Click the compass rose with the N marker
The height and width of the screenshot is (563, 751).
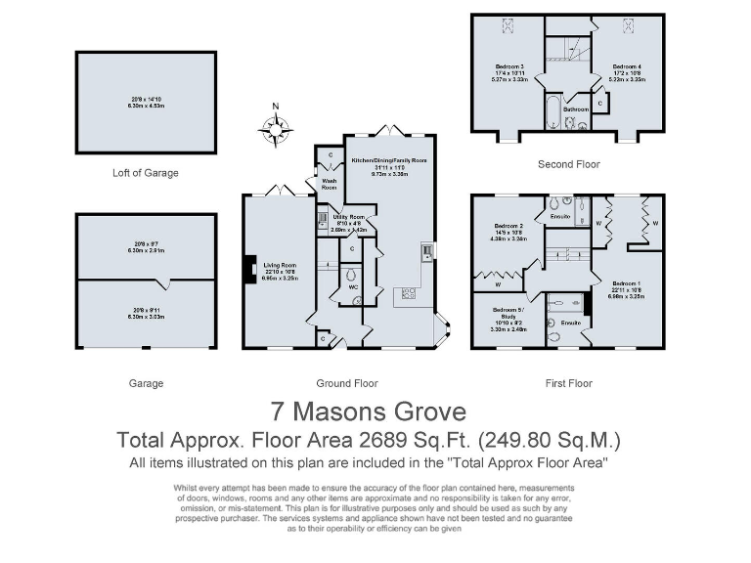(278, 125)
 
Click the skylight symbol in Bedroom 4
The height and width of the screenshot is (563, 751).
(627, 28)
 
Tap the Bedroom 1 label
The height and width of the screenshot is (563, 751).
(627, 281)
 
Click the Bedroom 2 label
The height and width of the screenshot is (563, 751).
(508, 227)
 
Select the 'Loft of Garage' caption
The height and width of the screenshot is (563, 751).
(145, 173)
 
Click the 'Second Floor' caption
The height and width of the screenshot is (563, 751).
(569, 164)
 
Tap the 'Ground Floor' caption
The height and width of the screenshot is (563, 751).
(347, 383)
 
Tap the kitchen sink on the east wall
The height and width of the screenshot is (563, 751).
(428, 253)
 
